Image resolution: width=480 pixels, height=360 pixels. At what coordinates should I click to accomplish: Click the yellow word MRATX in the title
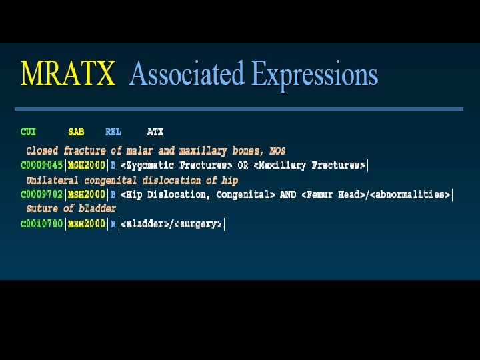(68, 73)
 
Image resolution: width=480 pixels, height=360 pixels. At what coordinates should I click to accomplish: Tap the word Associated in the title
(187, 73)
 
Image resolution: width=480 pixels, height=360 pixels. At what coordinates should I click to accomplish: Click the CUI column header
(29, 132)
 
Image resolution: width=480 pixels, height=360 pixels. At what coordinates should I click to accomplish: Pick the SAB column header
(76, 132)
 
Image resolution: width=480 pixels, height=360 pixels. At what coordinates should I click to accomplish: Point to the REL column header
(113, 132)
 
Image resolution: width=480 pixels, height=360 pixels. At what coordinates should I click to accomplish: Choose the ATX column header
(155, 132)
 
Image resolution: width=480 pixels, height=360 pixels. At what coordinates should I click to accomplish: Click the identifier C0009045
(42, 165)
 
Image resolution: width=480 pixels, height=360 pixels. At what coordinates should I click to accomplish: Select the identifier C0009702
(42, 195)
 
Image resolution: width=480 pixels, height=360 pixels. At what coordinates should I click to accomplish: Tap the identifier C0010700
(42, 224)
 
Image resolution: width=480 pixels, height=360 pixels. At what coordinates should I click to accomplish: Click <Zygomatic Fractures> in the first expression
(176, 165)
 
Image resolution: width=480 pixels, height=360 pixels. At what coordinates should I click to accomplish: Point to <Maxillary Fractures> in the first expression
(309, 165)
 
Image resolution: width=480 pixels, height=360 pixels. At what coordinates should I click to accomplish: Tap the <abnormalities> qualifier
(411, 195)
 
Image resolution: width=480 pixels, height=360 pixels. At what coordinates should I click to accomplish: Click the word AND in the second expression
(288, 195)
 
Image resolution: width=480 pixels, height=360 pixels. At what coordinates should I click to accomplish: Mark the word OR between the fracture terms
(243, 165)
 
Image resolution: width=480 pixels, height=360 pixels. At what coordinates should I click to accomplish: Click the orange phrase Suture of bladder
(71, 209)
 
